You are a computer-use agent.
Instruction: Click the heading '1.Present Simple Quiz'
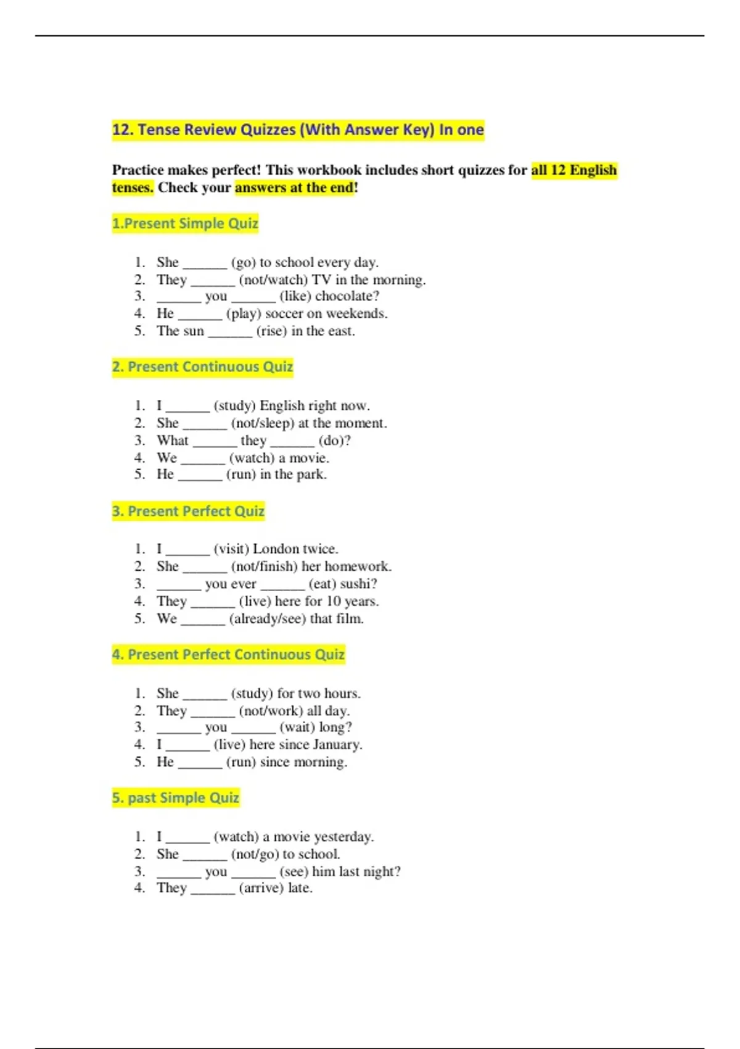coord(185,223)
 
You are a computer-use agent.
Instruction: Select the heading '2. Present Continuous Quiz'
coord(202,367)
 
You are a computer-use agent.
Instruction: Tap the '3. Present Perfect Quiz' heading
coord(188,512)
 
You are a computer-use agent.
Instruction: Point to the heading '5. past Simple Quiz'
coord(176,798)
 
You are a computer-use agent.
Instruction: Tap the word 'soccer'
coord(284,313)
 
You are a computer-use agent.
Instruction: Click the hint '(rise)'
coord(271,331)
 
